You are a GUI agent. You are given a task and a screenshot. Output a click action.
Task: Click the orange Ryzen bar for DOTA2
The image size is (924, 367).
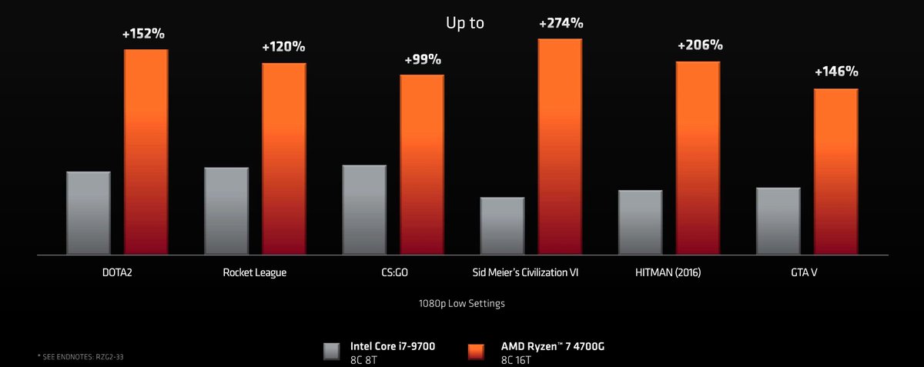coord(146,152)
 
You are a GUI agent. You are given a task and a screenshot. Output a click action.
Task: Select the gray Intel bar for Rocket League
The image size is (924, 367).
coord(226,210)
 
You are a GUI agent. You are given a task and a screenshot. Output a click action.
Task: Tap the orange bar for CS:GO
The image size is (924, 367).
coord(422,164)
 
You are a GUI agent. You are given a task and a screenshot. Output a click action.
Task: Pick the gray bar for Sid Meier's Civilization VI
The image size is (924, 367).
coord(502,225)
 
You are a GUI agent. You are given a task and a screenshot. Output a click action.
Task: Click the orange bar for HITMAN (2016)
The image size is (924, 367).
coord(698,158)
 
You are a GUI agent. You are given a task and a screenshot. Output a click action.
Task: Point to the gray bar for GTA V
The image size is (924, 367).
coord(778,221)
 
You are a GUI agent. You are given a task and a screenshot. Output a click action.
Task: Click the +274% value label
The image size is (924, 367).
coord(561,23)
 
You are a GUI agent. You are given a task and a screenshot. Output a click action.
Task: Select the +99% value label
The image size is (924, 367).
coord(423,59)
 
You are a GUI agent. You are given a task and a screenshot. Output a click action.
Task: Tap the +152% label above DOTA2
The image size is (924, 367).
coord(144,35)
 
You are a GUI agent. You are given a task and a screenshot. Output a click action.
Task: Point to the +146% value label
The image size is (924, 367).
coord(836,72)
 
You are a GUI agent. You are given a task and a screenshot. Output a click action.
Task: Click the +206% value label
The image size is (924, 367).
coord(699,45)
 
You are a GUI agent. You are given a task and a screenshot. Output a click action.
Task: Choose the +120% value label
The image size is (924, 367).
coord(284,47)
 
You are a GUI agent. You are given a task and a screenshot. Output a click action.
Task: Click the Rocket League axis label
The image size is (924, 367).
coord(255,272)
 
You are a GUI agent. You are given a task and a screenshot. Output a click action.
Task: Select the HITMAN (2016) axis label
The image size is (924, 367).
coord(668,272)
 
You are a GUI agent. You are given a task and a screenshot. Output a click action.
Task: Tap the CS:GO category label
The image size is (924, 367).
coord(393,272)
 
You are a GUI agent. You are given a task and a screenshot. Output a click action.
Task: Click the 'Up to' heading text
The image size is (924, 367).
coord(465,23)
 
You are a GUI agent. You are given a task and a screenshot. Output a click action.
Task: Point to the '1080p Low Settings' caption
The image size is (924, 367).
coord(462,303)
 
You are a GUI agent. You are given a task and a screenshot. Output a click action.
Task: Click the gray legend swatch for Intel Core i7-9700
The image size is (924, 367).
coord(332,352)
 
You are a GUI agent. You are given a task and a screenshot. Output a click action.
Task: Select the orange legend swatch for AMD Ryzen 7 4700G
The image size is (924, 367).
coord(474,352)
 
